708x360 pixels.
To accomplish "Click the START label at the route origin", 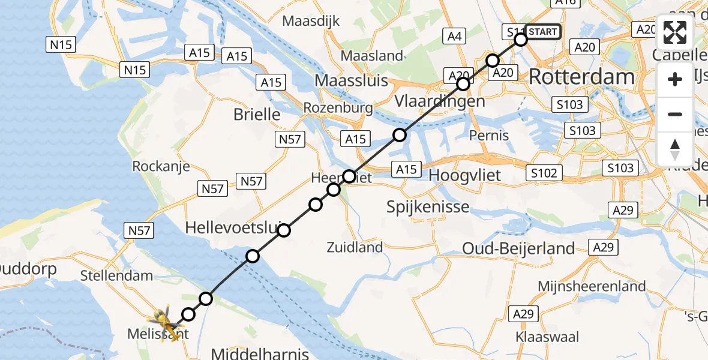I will coord(542,32).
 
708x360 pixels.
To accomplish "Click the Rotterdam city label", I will coord(582,77).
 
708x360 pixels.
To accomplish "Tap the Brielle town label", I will coord(257,114).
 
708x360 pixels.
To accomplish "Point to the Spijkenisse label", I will coord(428,208).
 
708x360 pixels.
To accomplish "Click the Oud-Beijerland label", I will coord(518,248).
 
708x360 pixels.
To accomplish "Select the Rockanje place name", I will coord(161,166).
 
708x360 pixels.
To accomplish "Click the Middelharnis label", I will coord(259,353).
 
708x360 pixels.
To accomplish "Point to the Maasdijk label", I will coord(311,21).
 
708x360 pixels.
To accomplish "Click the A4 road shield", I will coord(454,37).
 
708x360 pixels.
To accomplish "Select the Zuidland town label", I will coord(355,247).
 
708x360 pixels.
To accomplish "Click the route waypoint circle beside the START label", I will coord(521,40).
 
